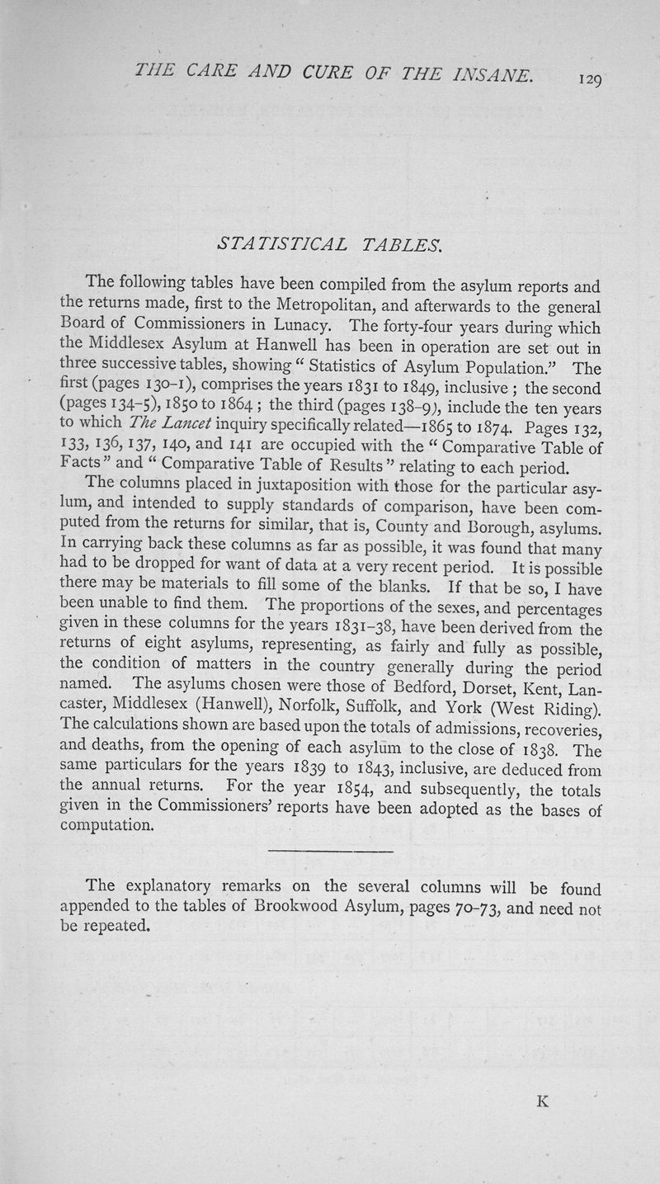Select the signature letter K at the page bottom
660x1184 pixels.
(x=542, y=1101)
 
